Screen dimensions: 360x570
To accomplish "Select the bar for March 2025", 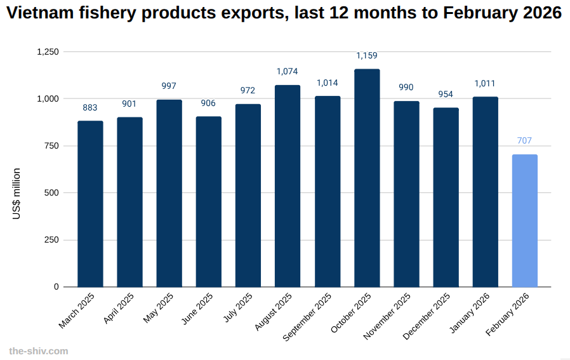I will (90, 203).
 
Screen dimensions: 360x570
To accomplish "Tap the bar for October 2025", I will (367, 178).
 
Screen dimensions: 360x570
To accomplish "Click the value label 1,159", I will (367, 56).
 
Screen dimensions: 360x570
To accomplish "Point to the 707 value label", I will (525, 140).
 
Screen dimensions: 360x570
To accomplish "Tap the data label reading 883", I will (90, 107).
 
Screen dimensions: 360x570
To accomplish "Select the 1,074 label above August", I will (288, 71).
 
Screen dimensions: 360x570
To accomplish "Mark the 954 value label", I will (446, 94).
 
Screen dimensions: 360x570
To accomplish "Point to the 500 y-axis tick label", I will (51, 193).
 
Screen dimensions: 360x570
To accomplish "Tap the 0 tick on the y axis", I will (56, 287).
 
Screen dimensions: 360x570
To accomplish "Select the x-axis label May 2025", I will (159, 307).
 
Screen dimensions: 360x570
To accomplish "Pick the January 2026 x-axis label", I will (471, 312).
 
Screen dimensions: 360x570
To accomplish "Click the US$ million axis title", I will (17, 194).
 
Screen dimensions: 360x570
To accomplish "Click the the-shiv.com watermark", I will (38, 350).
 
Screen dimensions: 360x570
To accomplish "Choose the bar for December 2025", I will (446, 197).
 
